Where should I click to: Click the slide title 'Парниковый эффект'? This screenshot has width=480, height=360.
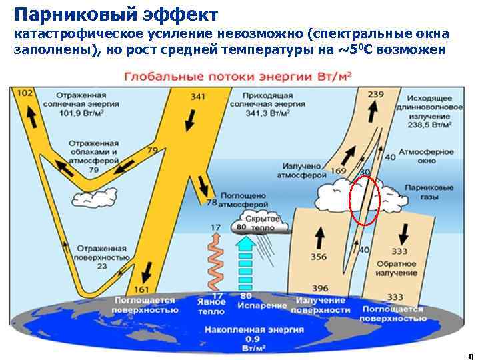[115, 13]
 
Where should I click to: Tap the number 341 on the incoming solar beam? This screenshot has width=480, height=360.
[198, 97]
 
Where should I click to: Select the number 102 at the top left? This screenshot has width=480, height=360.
[24, 93]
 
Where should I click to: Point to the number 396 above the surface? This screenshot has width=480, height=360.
[320, 288]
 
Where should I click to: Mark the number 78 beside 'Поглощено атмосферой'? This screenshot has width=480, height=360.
[211, 202]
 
